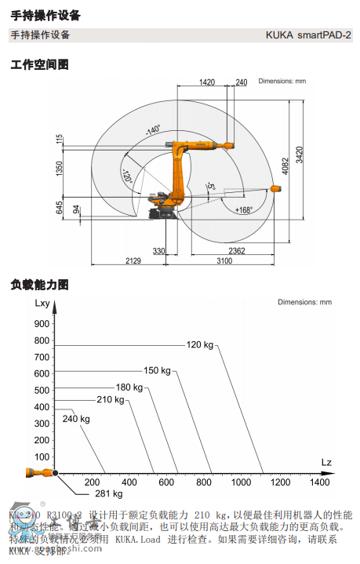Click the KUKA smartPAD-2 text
point(308,35)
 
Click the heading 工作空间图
point(40,64)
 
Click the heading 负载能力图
point(40,284)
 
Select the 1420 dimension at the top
point(207,82)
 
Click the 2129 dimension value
point(133,261)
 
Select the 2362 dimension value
point(236,251)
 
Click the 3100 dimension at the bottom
point(225,261)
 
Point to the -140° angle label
point(151,128)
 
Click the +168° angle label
point(244,209)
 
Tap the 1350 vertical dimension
point(59,169)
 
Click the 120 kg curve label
point(199,345)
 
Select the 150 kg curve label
point(157,370)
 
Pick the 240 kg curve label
point(76,419)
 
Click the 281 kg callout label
point(108,493)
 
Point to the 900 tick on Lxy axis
point(42,322)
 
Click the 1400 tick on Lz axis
point(320,482)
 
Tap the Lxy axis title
point(43,302)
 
